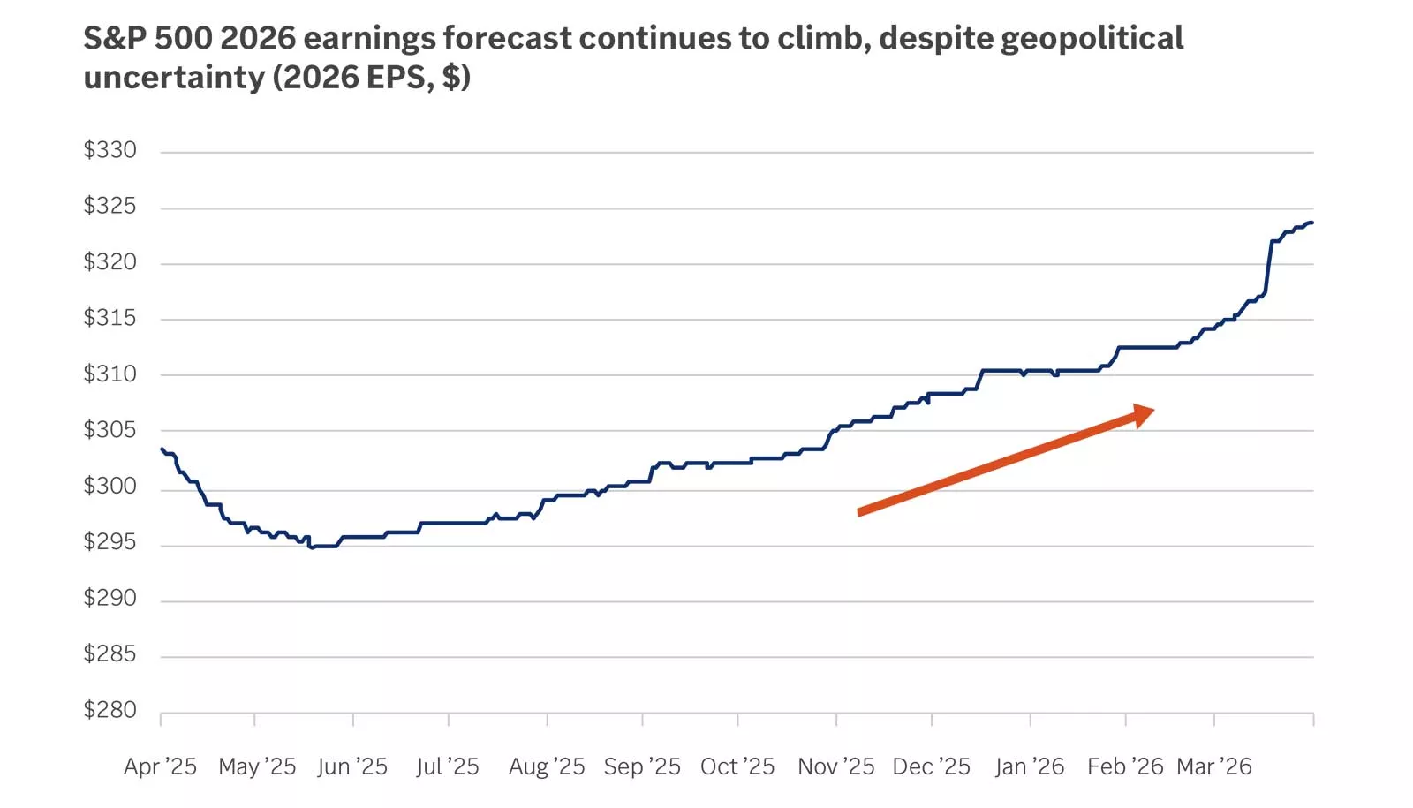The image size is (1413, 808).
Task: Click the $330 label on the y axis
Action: tap(110, 150)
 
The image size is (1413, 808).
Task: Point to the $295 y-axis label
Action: tap(110, 542)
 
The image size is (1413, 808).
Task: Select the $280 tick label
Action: tap(110, 710)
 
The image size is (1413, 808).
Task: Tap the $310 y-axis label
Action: tap(110, 374)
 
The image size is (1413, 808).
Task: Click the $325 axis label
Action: tap(110, 207)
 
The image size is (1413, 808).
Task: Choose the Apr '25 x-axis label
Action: tap(160, 766)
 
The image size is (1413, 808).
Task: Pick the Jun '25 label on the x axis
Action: tap(352, 766)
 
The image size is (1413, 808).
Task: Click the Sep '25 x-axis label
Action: tap(642, 766)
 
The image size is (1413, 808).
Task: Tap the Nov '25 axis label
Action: tap(835, 766)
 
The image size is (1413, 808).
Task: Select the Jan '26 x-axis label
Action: tap(1030, 766)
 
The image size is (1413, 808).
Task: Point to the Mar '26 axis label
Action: tap(1214, 766)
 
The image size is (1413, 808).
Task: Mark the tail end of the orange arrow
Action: tap(860, 512)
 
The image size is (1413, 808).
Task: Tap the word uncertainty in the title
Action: tap(174, 78)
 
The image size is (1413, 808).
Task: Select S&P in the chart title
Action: tap(115, 39)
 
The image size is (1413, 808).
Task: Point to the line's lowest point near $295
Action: tap(311, 547)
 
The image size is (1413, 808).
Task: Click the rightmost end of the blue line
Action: tap(1312, 223)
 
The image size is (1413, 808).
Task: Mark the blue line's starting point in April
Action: tap(162, 449)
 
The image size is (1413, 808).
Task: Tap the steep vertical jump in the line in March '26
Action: tap(1269, 265)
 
